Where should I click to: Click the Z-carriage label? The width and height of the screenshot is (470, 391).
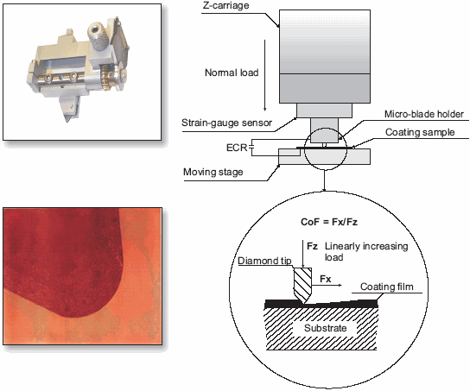click(225, 5)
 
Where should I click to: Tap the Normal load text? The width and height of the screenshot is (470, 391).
click(232, 73)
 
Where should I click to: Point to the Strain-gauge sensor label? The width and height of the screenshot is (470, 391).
click(226, 123)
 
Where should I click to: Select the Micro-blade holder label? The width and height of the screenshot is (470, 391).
click(424, 114)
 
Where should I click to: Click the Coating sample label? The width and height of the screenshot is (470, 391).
click(420, 132)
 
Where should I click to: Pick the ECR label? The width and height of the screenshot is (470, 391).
click(237, 148)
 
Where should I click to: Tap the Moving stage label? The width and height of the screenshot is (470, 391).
click(213, 172)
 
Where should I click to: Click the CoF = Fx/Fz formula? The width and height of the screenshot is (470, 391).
click(329, 222)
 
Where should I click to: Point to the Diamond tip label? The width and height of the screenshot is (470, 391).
click(264, 261)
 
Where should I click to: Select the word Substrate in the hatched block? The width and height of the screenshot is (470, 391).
click(325, 328)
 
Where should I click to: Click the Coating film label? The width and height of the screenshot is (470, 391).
click(387, 287)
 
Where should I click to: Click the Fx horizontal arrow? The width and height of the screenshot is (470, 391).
click(327, 285)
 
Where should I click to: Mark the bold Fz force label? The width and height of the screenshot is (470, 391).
click(312, 246)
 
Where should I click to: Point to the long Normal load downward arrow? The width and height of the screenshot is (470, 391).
click(265, 75)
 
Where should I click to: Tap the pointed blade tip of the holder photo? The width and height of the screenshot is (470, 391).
click(67, 121)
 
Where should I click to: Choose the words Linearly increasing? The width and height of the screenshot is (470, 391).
click(366, 246)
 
